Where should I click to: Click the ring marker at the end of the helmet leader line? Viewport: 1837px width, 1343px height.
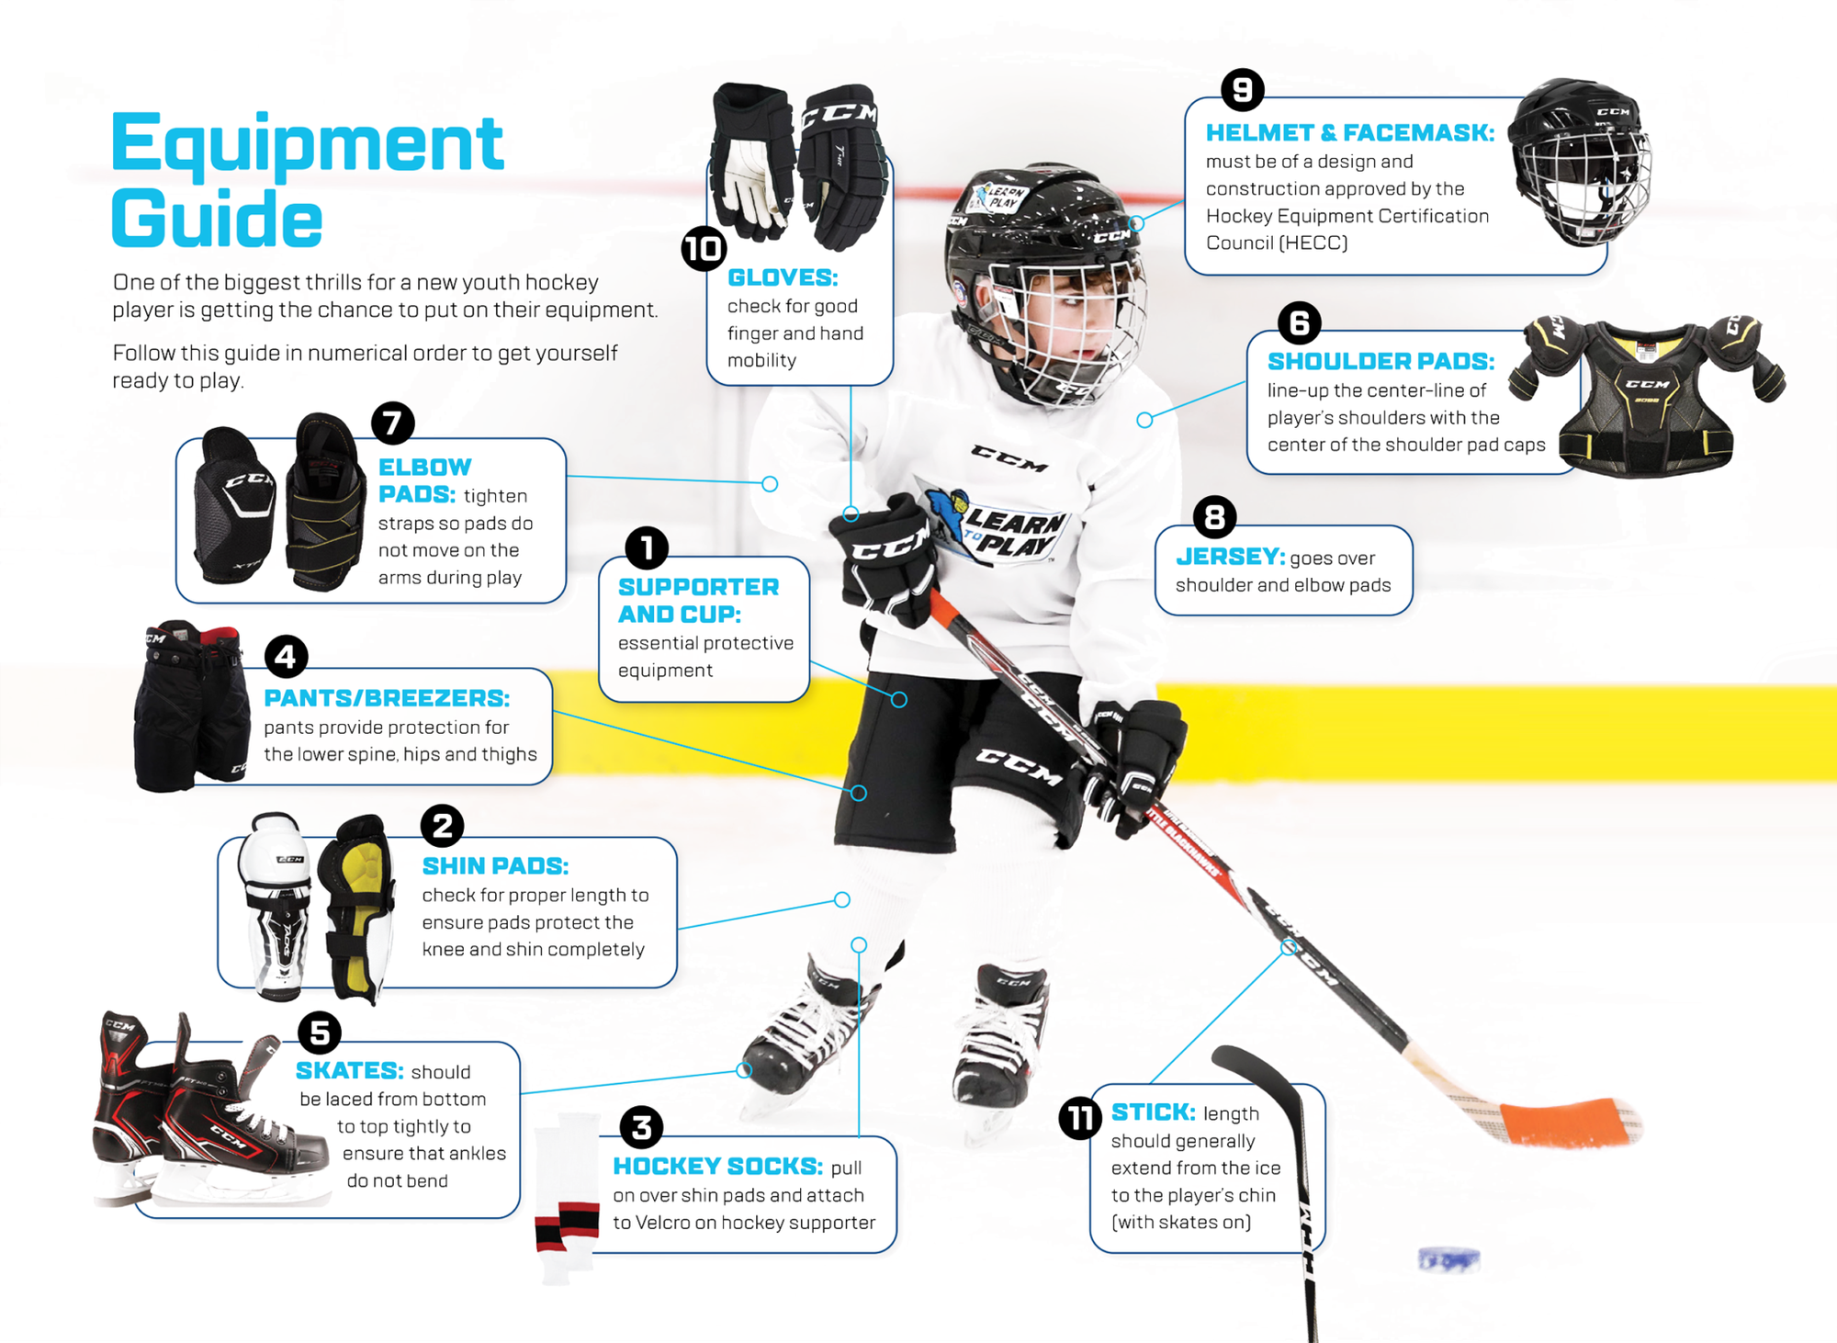(x=1136, y=223)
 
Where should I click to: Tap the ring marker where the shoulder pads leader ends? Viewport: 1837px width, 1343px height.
(x=1144, y=420)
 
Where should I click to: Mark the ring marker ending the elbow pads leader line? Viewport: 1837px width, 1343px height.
(x=770, y=484)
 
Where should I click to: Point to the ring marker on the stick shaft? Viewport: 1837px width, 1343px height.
(x=1289, y=946)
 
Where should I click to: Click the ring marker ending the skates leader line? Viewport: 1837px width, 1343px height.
(x=744, y=1069)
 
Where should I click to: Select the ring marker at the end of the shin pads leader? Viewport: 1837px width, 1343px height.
(x=842, y=899)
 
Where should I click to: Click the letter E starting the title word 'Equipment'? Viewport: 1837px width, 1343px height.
(x=138, y=142)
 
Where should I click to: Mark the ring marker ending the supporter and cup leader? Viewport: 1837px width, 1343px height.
(x=899, y=700)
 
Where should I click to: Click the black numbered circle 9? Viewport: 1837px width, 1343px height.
(x=1243, y=90)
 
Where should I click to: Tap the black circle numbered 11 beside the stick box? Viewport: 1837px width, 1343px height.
(x=1080, y=1118)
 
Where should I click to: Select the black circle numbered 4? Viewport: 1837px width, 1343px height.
(x=286, y=657)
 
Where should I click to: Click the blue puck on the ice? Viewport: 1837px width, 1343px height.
(x=1448, y=1259)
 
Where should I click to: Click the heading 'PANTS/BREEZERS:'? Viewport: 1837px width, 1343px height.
(x=387, y=698)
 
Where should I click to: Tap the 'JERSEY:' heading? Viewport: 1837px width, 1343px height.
(x=1230, y=557)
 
